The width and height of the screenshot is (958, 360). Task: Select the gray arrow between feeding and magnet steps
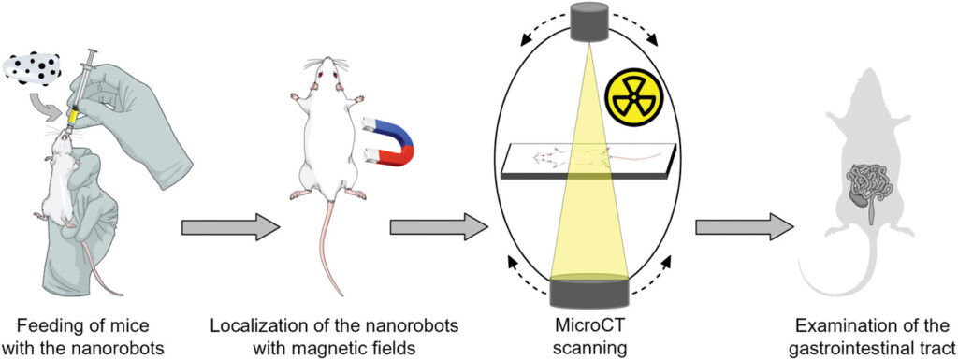(231, 228)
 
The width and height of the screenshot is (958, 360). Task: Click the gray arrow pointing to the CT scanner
(439, 228)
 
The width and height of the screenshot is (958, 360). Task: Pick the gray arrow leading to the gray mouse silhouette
(745, 228)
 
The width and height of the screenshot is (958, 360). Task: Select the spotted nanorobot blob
(33, 66)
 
